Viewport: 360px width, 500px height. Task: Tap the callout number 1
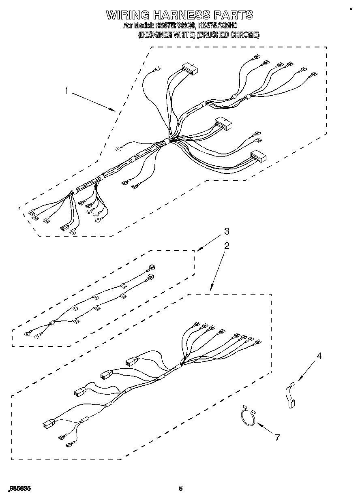[x=67, y=91]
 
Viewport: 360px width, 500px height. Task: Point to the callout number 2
[x=227, y=246]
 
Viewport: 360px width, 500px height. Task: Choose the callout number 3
[x=227, y=231]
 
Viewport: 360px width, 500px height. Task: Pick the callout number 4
[x=319, y=356]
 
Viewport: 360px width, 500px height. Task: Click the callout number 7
[x=277, y=437]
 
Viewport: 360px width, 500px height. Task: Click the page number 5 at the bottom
[x=181, y=488]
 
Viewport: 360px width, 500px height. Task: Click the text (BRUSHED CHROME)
[x=228, y=35]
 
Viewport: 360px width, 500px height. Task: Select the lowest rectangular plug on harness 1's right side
[x=258, y=156]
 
